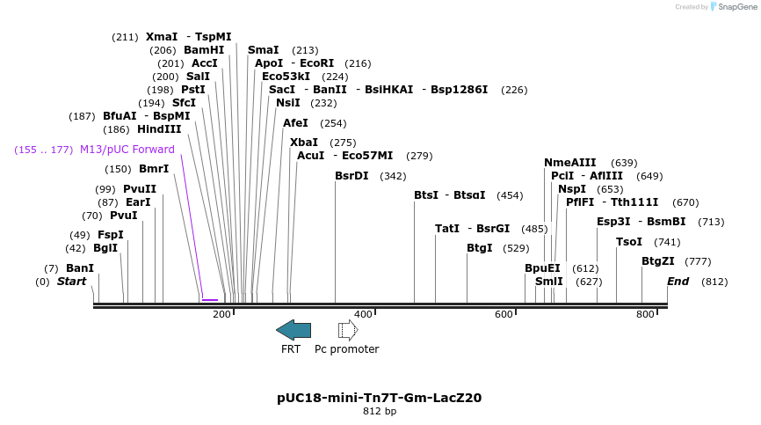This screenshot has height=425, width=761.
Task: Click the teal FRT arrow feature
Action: point(293,330)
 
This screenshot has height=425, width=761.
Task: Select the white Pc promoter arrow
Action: point(348,330)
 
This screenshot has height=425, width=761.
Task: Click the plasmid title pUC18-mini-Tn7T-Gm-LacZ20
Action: point(379,398)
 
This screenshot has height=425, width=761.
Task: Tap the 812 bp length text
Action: point(379,411)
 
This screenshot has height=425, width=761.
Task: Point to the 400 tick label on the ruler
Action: point(363,314)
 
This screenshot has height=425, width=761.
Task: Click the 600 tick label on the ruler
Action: point(504,314)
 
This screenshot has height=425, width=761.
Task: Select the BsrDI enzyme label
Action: point(352,176)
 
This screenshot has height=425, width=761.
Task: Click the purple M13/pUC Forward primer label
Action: point(127,150)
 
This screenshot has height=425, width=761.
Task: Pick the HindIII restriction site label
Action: point(159,129)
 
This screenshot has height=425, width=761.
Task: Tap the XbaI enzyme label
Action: point(304,143)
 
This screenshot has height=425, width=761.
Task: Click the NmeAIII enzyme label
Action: point(569,163)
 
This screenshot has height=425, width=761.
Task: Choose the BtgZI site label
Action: point(657,261)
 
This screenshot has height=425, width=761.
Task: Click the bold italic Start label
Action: point(72,282)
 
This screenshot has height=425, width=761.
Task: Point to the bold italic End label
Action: point(678,282)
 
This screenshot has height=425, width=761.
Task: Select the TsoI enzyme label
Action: point(628,242)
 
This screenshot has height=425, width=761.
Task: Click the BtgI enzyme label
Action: point(480,248)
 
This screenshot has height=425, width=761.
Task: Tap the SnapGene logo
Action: point(734,7)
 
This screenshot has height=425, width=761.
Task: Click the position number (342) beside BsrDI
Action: point(393,176)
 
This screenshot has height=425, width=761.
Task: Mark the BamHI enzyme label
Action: point(204,50)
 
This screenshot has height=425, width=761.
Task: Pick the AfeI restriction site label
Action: point(295,123)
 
